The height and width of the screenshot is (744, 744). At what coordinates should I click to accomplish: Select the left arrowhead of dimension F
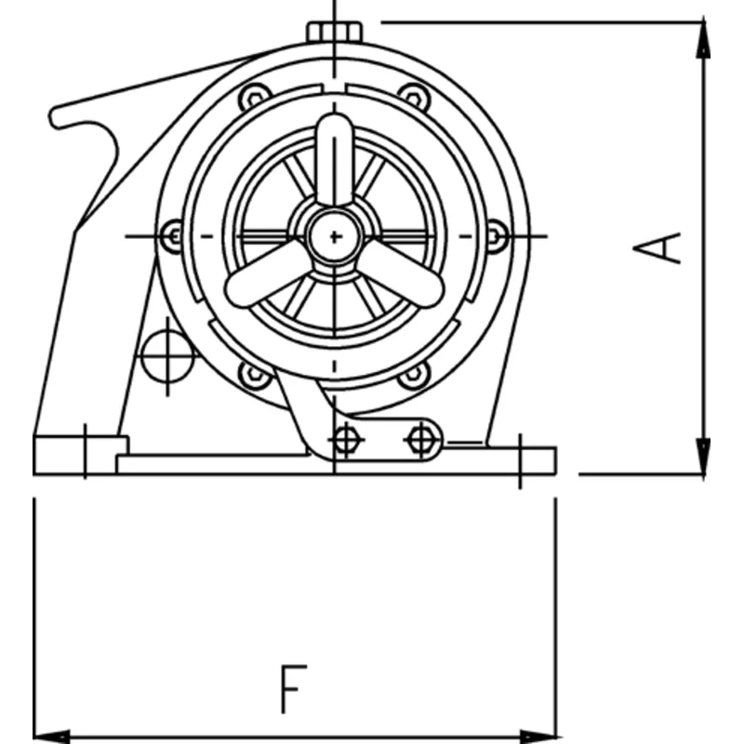point(46,735)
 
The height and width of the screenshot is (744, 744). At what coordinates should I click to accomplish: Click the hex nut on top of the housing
point(334,31)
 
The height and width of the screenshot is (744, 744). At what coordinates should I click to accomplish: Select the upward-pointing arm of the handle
point(334,158)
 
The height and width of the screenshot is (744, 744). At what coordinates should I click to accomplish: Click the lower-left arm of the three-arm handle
point(260,279)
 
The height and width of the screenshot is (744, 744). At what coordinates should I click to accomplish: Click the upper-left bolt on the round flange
point(253,97)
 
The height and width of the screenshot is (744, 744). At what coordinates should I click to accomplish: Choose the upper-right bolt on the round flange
point(415,97)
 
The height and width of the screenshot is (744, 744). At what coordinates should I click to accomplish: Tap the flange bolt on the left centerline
point(171,235)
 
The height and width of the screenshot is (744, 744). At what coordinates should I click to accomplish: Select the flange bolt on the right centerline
point(497,235)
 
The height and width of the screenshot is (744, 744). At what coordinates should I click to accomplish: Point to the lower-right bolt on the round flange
point(415,374)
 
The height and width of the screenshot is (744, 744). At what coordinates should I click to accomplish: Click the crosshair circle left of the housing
point(166,355)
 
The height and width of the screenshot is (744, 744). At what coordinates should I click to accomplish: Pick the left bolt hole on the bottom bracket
point(346,439)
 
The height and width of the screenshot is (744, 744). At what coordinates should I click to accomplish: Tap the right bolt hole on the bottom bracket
point(422,439)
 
